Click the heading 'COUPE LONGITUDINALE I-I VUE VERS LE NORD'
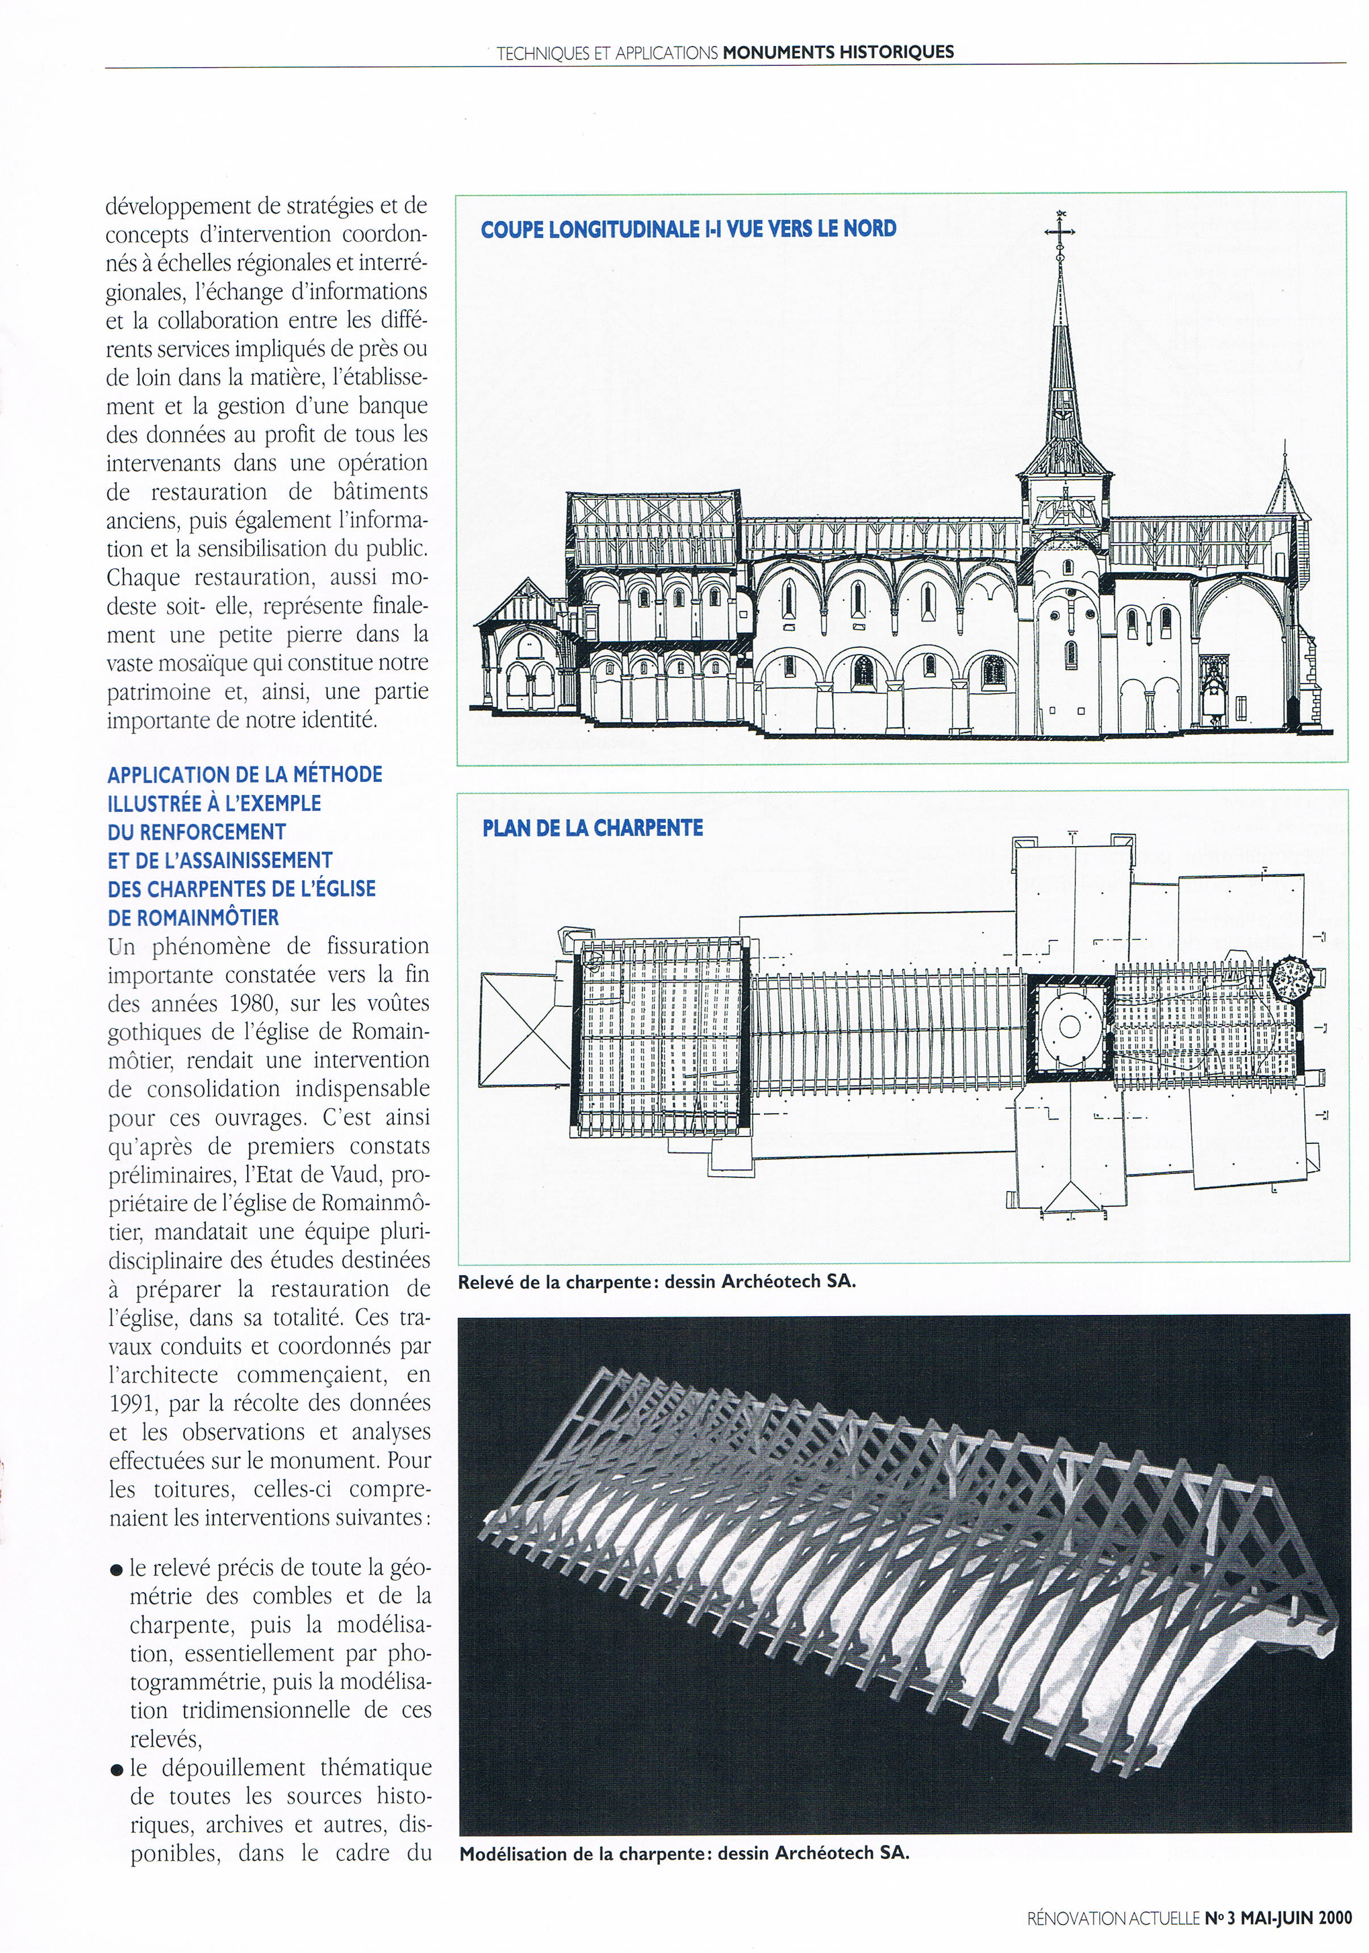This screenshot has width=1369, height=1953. tap(688, 229)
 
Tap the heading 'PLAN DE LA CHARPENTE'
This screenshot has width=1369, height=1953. tap(592, 828)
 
